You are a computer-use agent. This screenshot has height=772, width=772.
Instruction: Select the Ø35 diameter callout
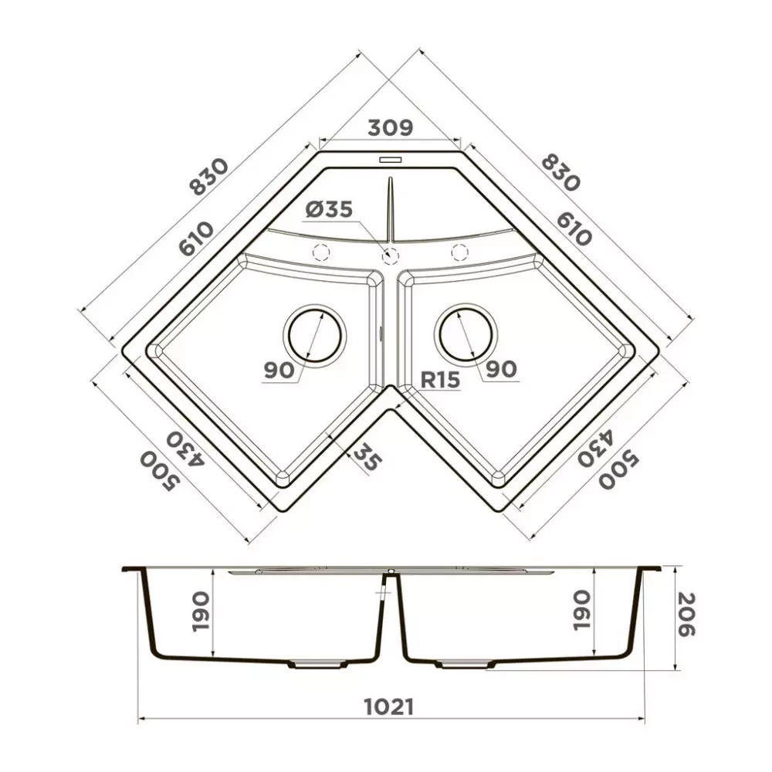click(x=328, y=209)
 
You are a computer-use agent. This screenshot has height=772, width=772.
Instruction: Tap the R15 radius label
click(x=440, y=379)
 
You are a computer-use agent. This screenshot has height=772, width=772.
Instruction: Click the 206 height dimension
click(x=686, y=615)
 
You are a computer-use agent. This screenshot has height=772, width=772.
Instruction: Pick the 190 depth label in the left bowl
click(x=200, y=611)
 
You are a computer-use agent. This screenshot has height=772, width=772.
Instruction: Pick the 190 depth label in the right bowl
click(x=581, y=611)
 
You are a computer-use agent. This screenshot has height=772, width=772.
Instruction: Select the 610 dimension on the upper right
click(x=572, y=227)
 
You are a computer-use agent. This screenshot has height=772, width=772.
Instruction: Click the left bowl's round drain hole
click(x=314, y=334)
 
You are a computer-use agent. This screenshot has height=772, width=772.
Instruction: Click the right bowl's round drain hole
click(x=466, y=334)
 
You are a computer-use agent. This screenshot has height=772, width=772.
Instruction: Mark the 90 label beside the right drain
click(x=501, y=371)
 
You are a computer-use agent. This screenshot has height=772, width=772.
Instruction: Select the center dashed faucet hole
click(x=391, y=255)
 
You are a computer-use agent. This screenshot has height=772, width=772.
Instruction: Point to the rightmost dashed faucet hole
click(x=459, y=252)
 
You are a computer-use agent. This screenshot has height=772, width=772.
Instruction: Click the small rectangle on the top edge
click(x=390, y=160)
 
